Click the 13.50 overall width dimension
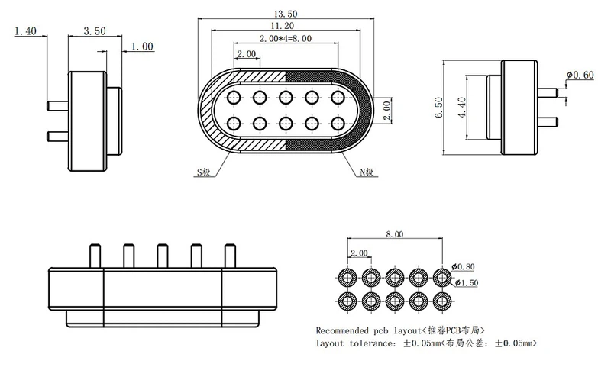(x=286, y=14)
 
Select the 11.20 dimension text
(x=286, y=27)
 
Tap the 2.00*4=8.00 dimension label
(x=286, y=38)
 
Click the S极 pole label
(x=203, y=172)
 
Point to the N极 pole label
(x=368, y=172)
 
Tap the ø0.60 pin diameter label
(x=580, y=75)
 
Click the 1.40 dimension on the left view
(x=25, y=31)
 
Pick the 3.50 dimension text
(x=94, y=31)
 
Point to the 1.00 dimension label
(x=142, y=47)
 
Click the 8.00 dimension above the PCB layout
(x=394, y=235)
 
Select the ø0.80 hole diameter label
(x=464, y=266)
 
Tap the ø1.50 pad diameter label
(x=465, y=284)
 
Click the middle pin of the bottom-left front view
(x=163, y=256)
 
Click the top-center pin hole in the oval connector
(x=286, y=97)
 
